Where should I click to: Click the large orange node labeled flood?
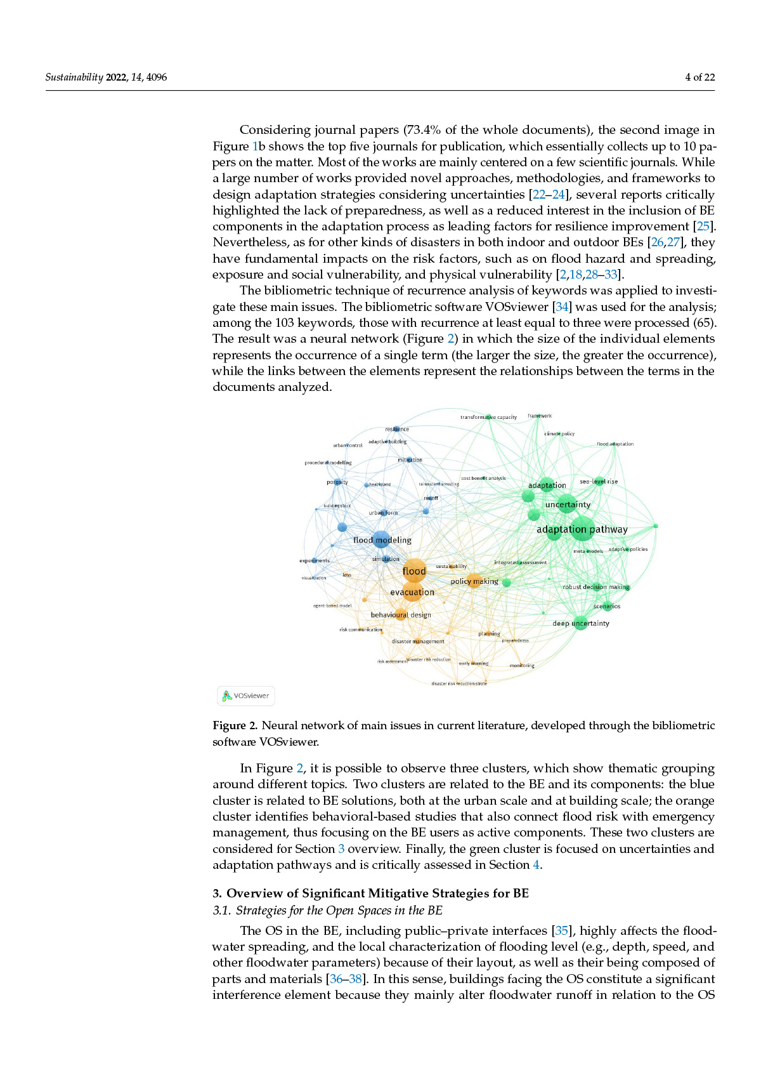click(x=414, y=571)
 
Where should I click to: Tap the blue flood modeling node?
click(x=381, y=539)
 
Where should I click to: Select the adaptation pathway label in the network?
click(x=582, y=529)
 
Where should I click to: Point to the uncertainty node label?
click(x=568, y=505)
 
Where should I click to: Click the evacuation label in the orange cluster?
click(x=412, y=592)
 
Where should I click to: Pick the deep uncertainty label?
click(x=580, y=623)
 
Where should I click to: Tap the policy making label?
click(x=474, y=581)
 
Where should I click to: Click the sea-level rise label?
click(x=599, y=482)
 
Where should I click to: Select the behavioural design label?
click(x=401, y=615)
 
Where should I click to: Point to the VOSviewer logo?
click(x=246, y=696)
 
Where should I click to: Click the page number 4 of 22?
click(x=699, y=77)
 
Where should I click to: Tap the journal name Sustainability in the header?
click(x=74, y=77)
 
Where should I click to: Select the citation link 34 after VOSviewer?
click(x=562, y=307)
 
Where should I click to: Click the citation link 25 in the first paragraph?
click(x=703, y=227)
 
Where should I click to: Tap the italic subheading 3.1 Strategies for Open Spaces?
click(x=327, y=911)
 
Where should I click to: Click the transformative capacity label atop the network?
click(x=488, y=418)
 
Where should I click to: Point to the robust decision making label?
click(x=596, y=587)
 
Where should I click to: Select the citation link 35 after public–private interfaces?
click(x=561, y=931)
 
